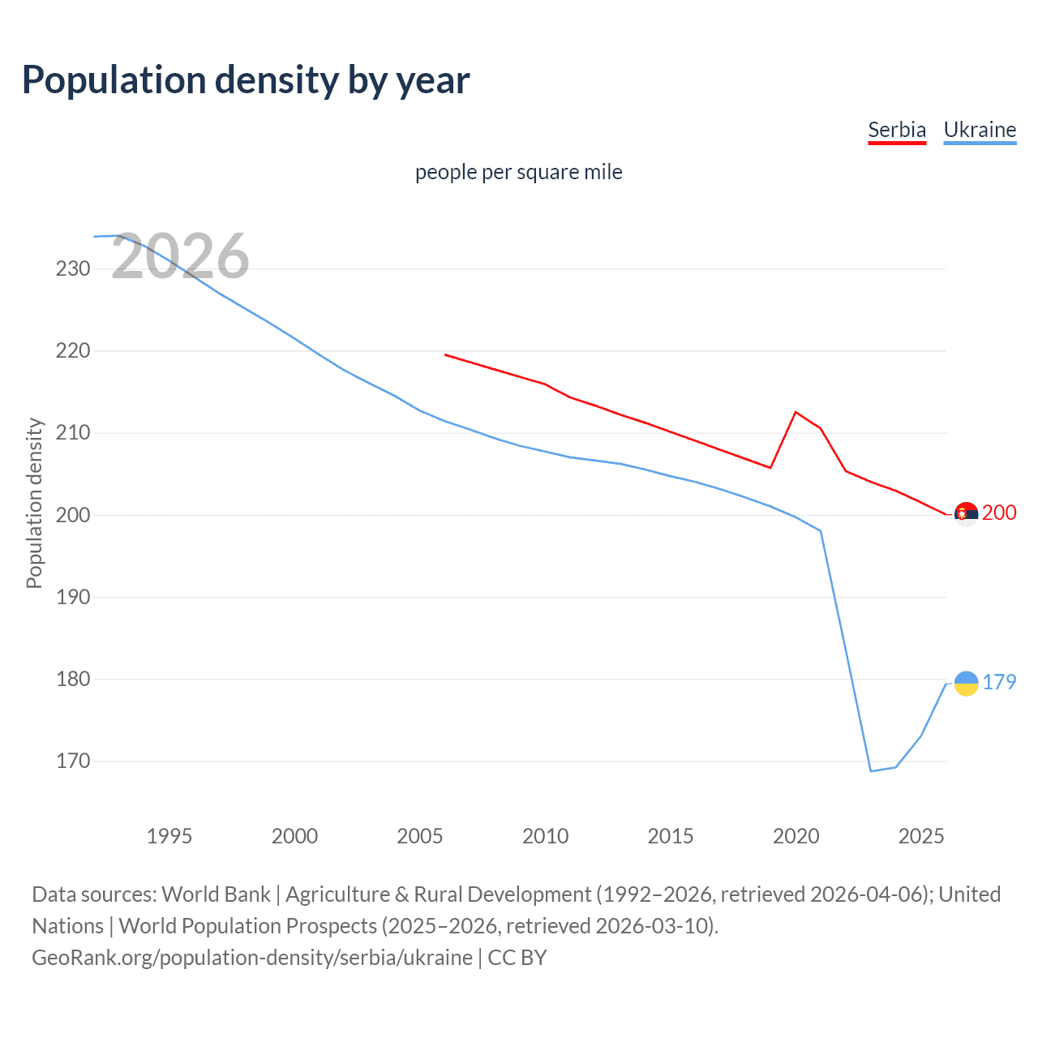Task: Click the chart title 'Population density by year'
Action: [246, 79]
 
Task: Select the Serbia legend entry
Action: [896, 130]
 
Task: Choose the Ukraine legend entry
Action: [980, 130]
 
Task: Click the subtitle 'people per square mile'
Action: [518, 172]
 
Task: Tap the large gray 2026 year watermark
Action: [180, 257]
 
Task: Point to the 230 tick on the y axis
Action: [73, 268]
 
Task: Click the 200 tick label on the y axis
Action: [73, 515]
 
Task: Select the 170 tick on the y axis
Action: [73, 761]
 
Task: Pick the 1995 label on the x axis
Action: [169, 836]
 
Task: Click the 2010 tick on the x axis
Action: [545, 836]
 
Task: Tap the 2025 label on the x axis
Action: [921, 836]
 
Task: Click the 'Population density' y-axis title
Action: [34, 503]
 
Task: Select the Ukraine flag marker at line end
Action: [966, 684]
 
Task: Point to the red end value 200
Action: [999, 513]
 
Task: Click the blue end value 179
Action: [999, 682]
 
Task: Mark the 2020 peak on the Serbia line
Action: [796, 412]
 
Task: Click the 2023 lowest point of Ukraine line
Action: [871, 770]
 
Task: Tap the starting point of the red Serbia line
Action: [445, 354]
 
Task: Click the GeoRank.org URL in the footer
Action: [252, 958]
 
